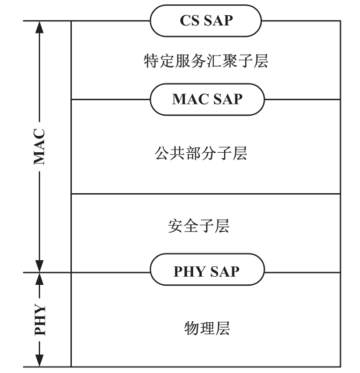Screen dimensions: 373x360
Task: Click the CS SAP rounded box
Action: coord(205,20)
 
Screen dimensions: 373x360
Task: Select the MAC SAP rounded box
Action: coord(206,99)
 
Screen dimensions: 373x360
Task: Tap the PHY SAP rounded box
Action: coord(206,271)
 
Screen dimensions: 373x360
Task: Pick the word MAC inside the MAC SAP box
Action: coord(190,99)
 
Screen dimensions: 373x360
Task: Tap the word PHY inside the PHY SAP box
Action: coord(190,271)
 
